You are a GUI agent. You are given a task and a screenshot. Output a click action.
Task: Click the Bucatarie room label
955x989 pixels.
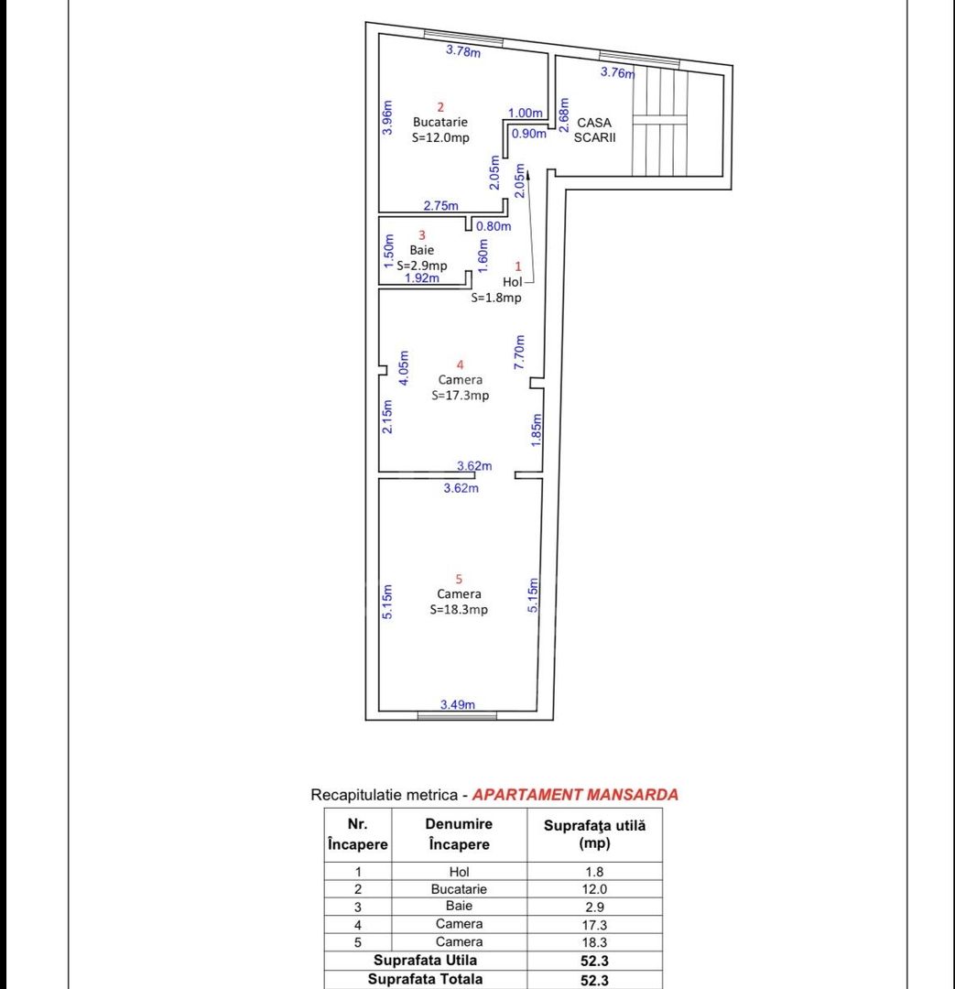440,122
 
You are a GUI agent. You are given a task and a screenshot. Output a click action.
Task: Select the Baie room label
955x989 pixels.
422,249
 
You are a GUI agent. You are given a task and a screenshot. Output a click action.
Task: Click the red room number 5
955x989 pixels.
459,579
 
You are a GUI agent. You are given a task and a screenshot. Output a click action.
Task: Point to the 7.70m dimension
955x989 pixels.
519,352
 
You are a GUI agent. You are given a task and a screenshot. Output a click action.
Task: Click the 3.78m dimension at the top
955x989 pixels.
462,51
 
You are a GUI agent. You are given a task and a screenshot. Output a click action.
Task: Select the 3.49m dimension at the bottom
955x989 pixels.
457,704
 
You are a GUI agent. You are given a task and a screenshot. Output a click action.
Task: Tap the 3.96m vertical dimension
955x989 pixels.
387,118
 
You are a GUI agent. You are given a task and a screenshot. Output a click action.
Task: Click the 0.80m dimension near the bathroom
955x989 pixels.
492,226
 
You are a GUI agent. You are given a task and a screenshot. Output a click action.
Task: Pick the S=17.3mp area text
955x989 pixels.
461,396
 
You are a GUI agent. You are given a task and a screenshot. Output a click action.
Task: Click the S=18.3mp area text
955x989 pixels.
459,610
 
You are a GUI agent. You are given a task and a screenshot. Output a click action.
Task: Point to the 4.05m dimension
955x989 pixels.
404,367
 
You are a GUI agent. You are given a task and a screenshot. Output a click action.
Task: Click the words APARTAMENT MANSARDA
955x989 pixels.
575,795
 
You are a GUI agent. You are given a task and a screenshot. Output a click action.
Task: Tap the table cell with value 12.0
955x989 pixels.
594,889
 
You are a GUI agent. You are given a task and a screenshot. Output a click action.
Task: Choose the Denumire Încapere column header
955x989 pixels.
459,834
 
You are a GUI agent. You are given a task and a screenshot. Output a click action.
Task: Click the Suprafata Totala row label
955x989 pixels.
425,979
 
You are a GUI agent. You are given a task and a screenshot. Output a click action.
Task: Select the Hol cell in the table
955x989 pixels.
459,872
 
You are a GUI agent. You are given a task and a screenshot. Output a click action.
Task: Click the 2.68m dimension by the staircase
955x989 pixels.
565,116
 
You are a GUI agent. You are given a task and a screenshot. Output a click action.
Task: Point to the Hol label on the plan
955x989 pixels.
512,282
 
